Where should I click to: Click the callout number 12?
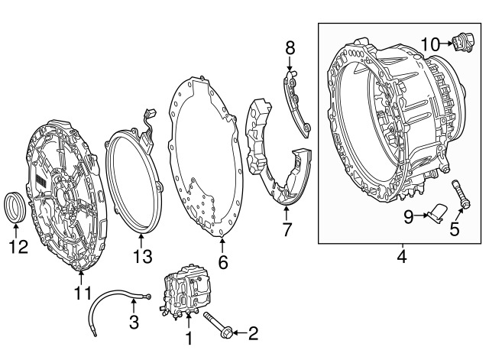pyautogui.click(x=18, y=247)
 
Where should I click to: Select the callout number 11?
pyautogui.click(x=83, y=293)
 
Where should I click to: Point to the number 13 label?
pyautogui.click(x=143, y=256)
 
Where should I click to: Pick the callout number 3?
pyautogui.click(x=134, y=322)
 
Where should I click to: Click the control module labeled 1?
pyautogui.click(x=183, y=292)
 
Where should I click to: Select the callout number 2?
pyautogui.click(x=253, y=333)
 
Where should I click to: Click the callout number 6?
pyautogui.click(x=222, y=262)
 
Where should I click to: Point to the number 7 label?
pyautogui.click(x=287, y=229)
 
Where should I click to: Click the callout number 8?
pyautogui.click(x=290, y=48)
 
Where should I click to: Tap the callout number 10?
pyautogui.click(x=430, y=44)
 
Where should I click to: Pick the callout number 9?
pyautogui.click(x=409, y=216)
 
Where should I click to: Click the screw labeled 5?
pyautogui.click(x=460, y=193)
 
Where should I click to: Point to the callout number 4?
pyautogui.click(x=402, y=256)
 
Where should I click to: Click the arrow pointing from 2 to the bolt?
pyautogui.click(x=240, y=333)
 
